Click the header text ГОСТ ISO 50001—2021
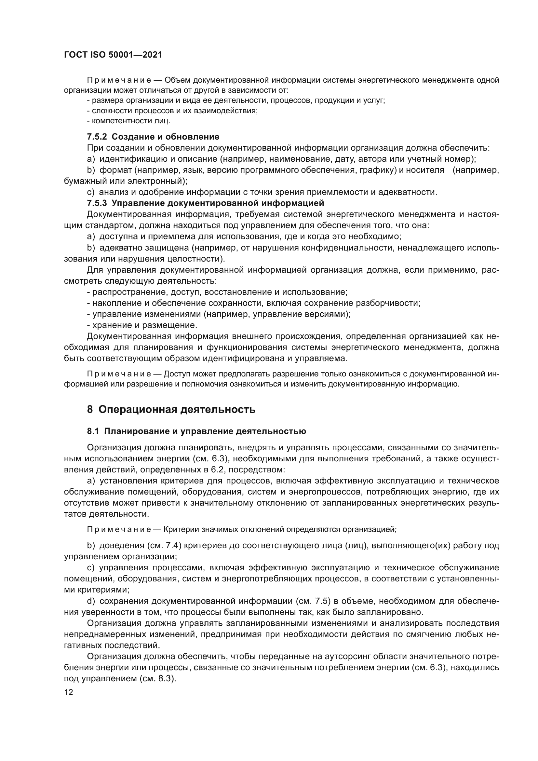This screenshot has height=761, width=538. tap(113, 55)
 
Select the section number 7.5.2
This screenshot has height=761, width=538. tap(97, 137)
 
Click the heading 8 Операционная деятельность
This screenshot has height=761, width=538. tap(171, 409)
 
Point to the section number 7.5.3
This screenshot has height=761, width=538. tap(97, 203)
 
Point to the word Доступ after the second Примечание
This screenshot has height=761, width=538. tap(176, 374)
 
